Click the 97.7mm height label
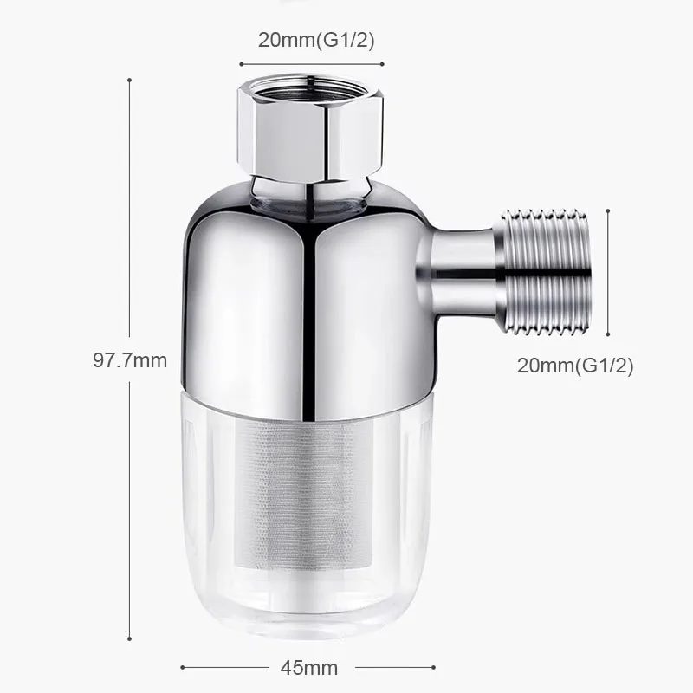130,359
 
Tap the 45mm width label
309,667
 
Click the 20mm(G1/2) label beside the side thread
575,366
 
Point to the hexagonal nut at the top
310,130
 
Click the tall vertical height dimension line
130,217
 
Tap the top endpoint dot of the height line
130,80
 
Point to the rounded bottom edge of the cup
309,628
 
